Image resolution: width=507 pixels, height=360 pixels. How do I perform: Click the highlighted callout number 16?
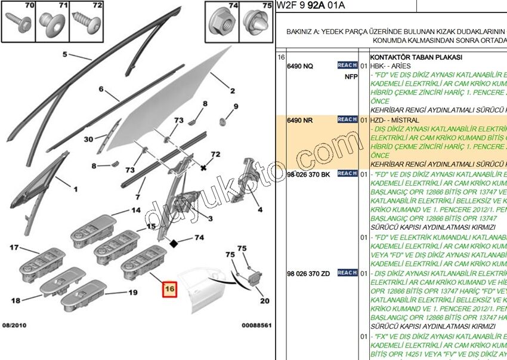[170, 289]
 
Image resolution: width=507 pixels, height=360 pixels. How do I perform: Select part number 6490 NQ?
[300, 66]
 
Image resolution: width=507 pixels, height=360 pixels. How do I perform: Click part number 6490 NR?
[300, 120]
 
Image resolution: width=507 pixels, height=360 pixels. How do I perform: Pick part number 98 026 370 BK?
[308, 174]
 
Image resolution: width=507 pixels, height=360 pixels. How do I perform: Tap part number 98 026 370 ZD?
[308, 273]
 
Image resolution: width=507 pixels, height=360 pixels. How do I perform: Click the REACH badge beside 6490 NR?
[347, 119]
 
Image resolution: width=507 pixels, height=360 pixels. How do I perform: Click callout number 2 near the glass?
[231, 91]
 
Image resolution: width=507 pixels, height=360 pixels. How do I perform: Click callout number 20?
[264, 301]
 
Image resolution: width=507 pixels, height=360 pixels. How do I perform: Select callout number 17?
[14, 248]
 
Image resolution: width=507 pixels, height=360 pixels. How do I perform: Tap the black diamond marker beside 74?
[174, 243]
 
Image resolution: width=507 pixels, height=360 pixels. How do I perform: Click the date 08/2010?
[14, 325]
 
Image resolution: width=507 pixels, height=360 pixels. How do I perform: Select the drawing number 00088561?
[256, 325]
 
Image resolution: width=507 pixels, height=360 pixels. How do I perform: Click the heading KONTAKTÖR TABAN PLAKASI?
[416, 57]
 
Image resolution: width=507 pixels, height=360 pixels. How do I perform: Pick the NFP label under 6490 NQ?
[351, 76]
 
